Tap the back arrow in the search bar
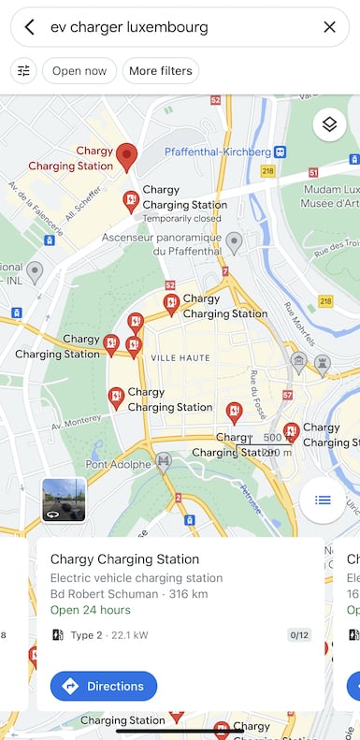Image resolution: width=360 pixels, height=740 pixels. tap(30, 27)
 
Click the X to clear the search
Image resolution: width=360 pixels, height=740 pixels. tap(329, 27)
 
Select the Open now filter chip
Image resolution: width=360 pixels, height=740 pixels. tap(79, 71)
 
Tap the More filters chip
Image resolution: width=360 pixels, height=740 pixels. tap(162, 71)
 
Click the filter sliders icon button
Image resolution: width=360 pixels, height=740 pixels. tap(23, 71)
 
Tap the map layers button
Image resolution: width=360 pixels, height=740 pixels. tap(329, 123)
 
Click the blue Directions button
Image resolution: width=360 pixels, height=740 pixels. tap(104, 686)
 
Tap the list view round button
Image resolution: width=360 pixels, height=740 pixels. tap(323, 500)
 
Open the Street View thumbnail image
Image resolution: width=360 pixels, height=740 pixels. tap(64, 500)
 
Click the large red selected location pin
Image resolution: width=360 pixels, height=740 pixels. tap(127, 156)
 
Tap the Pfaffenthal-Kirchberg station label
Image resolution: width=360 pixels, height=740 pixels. tap(217, 152)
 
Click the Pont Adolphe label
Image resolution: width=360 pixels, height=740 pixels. tap(119, 464)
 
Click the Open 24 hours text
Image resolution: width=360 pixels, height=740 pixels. tap(90, 610)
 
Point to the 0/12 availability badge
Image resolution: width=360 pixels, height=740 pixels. tap(299, 635)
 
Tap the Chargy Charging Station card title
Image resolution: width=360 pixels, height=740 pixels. tap(124, 559)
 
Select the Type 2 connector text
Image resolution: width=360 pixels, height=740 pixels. tap(86, 635)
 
